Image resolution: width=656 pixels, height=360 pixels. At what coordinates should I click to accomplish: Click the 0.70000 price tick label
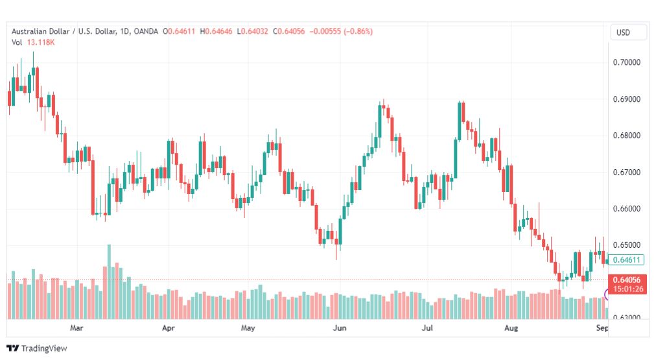(x=626, y=63)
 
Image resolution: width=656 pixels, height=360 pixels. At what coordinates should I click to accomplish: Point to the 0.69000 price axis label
(x=626, y=99)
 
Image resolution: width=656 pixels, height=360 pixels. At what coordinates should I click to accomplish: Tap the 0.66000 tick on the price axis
(x=626, y=209)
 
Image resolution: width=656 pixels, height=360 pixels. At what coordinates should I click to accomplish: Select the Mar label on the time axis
(x=77, y=328)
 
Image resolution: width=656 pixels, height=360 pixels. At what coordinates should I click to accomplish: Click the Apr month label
(x=169, y=328)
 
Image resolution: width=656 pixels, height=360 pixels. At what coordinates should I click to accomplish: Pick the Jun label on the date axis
(x=339, y=328)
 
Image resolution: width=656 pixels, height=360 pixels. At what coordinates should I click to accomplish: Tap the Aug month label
(x=511, y=328)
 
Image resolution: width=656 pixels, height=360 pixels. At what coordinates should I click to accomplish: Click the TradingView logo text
(x=43, y=348)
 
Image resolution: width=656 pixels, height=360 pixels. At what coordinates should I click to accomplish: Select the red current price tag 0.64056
(x=627, y=280)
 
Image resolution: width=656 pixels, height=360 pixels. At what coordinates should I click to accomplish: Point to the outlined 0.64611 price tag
(x=627, y=260)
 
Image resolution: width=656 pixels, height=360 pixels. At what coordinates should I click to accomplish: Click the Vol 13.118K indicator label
(x=33, y=42)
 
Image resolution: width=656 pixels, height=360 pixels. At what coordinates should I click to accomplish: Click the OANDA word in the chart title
(x=146, y=31)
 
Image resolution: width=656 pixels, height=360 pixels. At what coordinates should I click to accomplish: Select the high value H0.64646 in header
(x=217, y=31)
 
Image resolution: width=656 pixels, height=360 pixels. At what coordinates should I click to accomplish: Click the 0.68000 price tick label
(x=626, y=136)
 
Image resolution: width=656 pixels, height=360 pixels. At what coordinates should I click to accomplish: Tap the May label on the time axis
(x=248, y=328)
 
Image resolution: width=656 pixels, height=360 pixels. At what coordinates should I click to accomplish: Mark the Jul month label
(x=427, y=328)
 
